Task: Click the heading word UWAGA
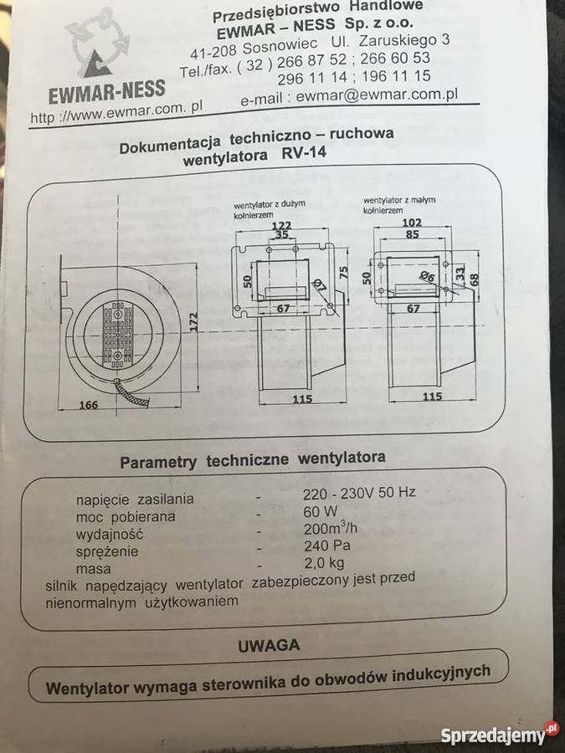coord(269,645)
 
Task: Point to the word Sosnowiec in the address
coord(278,42)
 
